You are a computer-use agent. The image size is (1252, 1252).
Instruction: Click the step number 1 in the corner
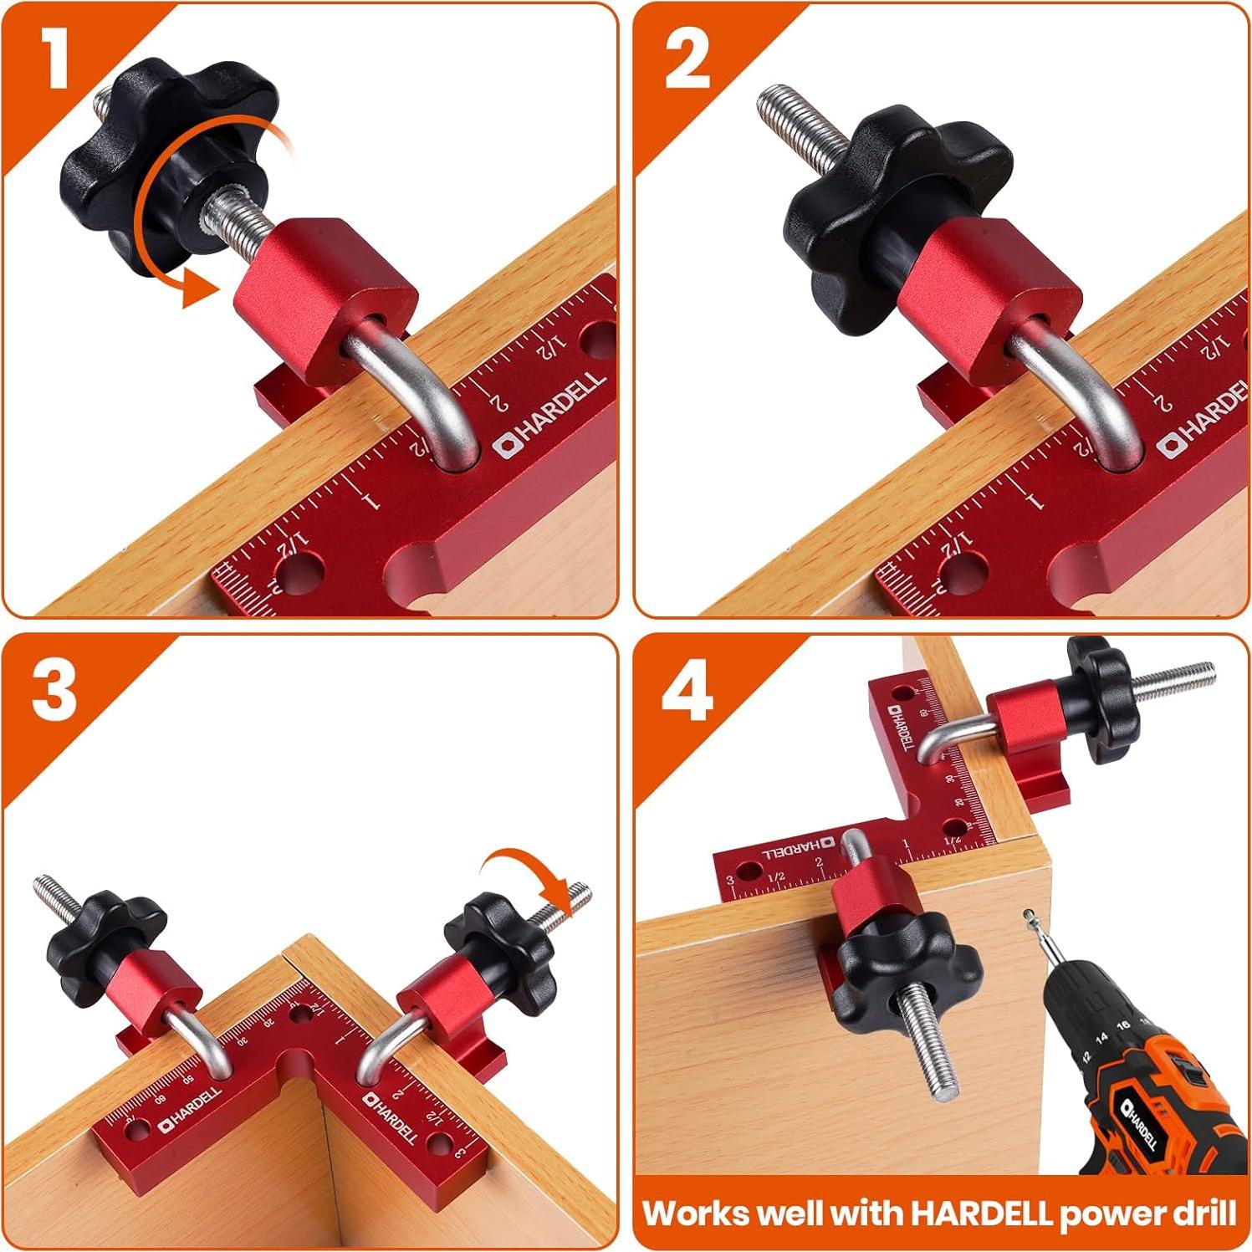coord(55,58)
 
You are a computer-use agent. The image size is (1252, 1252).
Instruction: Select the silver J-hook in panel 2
coord(1079,393)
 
